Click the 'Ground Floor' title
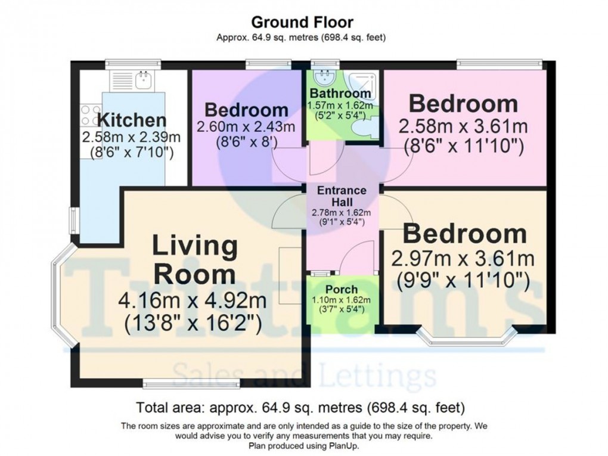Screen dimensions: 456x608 point(302,23)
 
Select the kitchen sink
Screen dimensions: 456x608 point(142,80)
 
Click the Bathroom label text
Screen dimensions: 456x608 point(340,94)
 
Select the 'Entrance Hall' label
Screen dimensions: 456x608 point(342,197)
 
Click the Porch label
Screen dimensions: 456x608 point(342,289)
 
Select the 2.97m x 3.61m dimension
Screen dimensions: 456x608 point(462,259)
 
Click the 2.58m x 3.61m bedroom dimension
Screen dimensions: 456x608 point(463,127)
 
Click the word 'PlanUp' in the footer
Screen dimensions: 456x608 point(343,445)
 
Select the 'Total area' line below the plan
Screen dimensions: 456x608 point(300,408)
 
